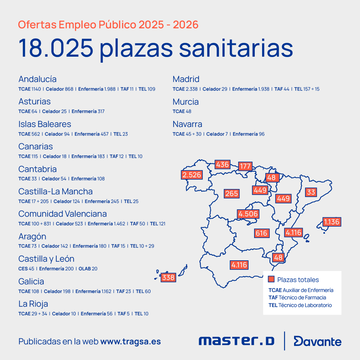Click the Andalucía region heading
point(37,79)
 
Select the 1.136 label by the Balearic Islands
point(332,222)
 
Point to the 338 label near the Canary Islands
point(168,277)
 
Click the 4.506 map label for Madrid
point(248,214)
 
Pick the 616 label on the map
point(261,233)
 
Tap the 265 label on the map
point(231,193)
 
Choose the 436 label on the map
point(222,164)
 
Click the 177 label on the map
point(245,166)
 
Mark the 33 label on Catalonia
point(311,192)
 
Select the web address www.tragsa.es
point(131,342)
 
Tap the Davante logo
point(317,341)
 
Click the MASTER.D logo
point(236,341)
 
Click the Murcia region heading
point(185,102)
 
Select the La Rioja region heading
point(33,304)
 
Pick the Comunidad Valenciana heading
point(63,214)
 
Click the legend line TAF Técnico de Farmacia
point(297,298)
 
